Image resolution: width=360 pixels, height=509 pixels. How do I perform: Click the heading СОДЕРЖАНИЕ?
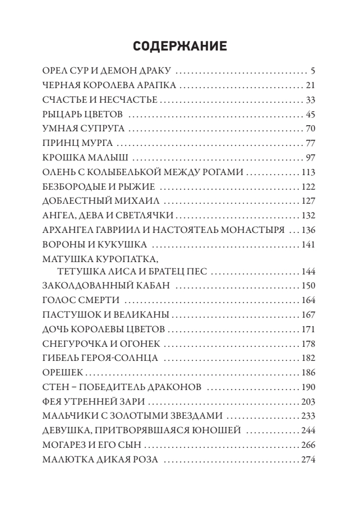[x=179, y=47]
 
